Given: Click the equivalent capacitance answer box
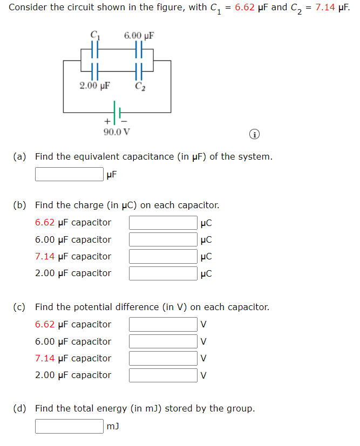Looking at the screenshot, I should pyautogui.click(x=69, y=174).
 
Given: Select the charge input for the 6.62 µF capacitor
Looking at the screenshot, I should pyautogui.click(x=162, y=223).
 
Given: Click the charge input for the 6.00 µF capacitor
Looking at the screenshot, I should pyautogui.click(x=162, y=239).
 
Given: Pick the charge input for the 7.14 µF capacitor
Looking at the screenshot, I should pyautogui.click(x=162, y=256).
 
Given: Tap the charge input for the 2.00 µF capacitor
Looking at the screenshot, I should pyautogui.click(x=162, y=273).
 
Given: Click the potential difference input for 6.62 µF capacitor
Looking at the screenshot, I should pyautogui.click(x=162, y=325).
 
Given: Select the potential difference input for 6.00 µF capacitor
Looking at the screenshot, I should pyautogui.click(x=162, y=341).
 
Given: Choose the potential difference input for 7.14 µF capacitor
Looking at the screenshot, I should pyautogui.click(x=162, y=358).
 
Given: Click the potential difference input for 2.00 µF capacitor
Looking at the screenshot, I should pyautogui.click(x=162, y=375).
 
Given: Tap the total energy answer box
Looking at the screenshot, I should pyautogui.click(x=69, y=426).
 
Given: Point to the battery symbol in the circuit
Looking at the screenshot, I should pyautogui.click(x=117, y=112).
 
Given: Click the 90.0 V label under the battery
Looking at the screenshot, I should pyautogui.click(x=117, y=132).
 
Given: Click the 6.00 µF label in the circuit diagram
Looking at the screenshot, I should pyautogui.click(x=139, y=36).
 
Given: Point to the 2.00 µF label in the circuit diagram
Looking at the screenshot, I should pyautogui.click(x=94, y=86).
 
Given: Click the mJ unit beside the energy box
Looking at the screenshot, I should pyautogui.click(x=113, y=426).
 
